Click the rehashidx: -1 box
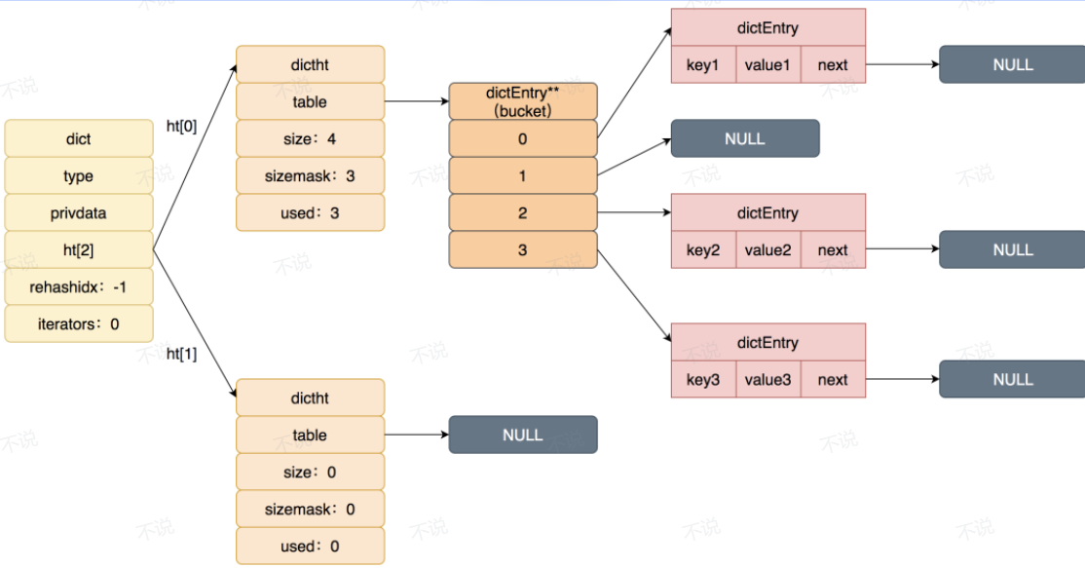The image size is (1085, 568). coord(78,287)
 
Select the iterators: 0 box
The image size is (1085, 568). coord(78,323)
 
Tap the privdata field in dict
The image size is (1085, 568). coord(78,213)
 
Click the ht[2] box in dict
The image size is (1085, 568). coord(78,249)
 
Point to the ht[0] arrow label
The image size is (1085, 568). coord(181,126)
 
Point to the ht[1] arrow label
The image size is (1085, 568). coord(181,354)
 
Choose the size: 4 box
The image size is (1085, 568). coord(310,139)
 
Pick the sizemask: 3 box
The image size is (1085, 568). coord(310,175)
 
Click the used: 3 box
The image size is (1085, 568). coord(310,213)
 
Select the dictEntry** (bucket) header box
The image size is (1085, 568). coord(522,101)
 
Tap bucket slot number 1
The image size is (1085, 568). coord(522,175)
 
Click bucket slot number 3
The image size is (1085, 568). coord(522,249)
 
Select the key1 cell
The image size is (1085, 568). coord(703,65)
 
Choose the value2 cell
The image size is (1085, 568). coord(768,249)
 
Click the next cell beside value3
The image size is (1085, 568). coord(833,379)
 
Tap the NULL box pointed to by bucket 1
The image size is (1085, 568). coord(745,138)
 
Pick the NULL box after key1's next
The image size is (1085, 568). coord(1012,65)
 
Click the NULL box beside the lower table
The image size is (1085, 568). coord(522,435)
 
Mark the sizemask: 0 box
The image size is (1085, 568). coord(310,510)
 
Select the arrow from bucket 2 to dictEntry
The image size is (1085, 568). coord(634,212)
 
